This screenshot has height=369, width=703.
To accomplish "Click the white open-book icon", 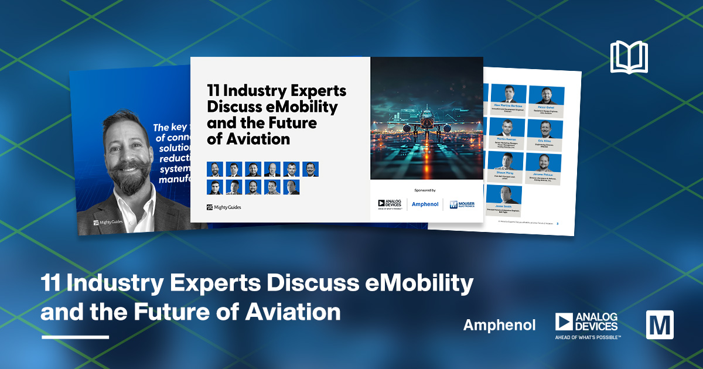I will (x=629, y=57).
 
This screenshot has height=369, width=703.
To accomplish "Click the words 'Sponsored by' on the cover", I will (x=426, y=190).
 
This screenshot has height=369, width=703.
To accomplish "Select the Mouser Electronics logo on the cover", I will (x=462, y=204).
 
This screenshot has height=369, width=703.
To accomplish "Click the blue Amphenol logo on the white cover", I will (x=425, y=204).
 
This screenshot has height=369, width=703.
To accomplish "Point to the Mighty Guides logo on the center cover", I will (x=224, y=207).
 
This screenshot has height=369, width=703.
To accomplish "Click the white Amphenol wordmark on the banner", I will (x=499, y=325).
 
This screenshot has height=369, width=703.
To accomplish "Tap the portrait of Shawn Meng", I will (x=506, y=160).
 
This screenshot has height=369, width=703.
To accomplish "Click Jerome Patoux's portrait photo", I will (x=544, y=162).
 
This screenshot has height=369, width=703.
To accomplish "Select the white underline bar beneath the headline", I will (x=75, y=337).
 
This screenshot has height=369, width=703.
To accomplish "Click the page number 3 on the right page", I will (x=557, y=224).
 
